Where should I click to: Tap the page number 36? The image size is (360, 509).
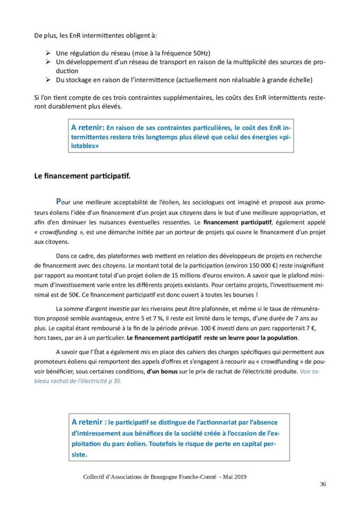[x=323, y=484]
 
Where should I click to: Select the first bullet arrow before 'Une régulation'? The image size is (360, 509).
[x=48, y=53]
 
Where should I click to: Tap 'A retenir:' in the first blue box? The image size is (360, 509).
[x=87, y=128]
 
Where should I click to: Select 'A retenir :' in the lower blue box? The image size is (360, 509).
[x=88, y=422]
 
